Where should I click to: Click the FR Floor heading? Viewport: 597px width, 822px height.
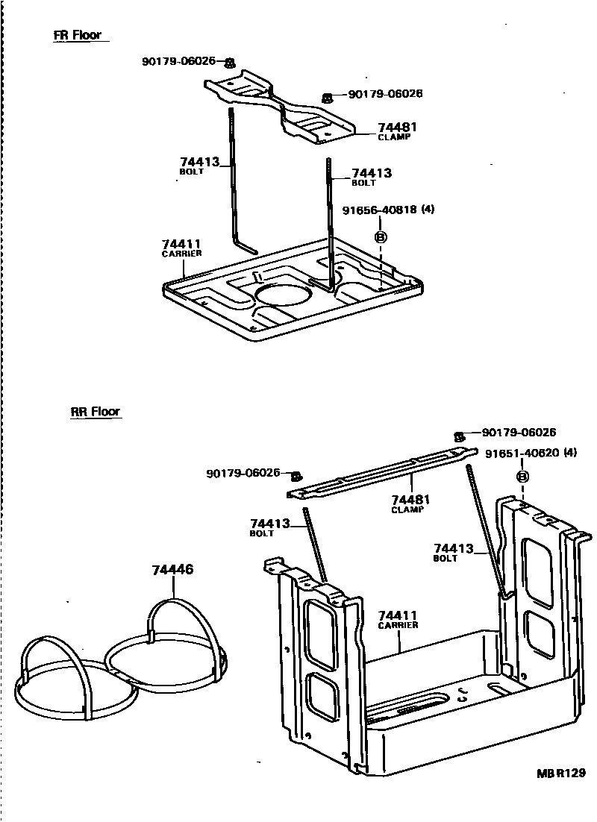click(x=77, y=35)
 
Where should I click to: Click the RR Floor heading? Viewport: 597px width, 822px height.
click(x=95, y=411)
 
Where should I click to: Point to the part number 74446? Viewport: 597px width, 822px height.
click(x=172, y=569)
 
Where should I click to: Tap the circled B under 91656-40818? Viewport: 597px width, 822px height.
click(x=380, y=236)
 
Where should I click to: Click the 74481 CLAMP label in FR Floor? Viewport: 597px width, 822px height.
click(x=397, y=131)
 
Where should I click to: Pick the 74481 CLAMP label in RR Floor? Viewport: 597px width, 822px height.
click(x=407, y=503)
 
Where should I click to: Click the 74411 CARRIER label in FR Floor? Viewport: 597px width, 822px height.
click(x=181, y=248)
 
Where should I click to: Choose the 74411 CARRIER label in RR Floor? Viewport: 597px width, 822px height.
click(x=398, y=619)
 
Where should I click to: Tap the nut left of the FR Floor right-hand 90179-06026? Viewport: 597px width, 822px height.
click(x=327, y=98)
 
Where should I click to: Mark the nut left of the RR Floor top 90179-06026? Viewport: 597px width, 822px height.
click(x=460, y=436)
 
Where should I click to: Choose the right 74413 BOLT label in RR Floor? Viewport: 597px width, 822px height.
click(x=453, y=552)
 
